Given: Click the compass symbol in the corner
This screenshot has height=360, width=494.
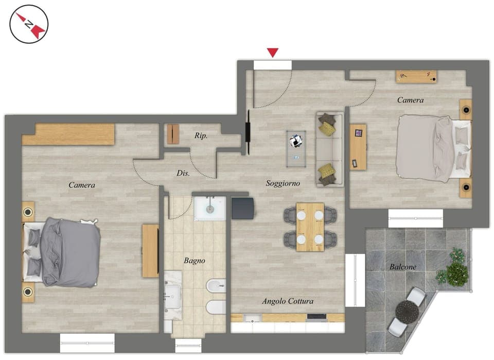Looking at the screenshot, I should [29, 24].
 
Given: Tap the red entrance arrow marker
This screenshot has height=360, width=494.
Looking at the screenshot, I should [273, 52].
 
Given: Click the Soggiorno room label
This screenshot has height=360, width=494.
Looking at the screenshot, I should [283, 183].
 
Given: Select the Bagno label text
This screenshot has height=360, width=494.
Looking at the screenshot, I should [195, 261].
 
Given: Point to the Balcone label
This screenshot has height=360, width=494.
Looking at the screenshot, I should [402, 267].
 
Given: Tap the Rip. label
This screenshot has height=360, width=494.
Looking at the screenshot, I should [201, 136].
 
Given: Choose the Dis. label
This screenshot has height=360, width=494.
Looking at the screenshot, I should [183, 174].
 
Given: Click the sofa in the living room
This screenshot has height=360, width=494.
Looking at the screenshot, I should [329, 149].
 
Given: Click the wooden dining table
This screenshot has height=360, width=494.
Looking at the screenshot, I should [310, 227].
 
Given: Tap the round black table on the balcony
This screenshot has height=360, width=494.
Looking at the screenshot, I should [407, 312].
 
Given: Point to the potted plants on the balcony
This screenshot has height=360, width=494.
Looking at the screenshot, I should [454, 268].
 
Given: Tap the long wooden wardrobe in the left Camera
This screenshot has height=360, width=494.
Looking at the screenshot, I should [69, 134].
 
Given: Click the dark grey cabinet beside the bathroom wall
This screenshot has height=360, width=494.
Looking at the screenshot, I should [242, 208].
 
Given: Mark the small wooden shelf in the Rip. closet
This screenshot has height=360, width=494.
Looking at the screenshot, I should [173, 134].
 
